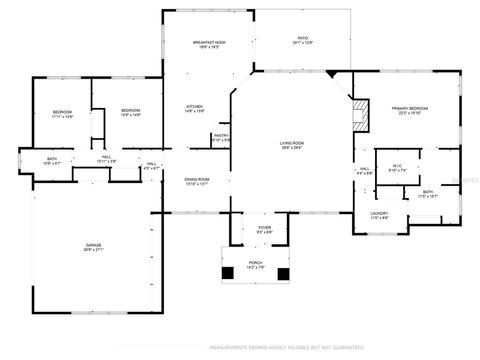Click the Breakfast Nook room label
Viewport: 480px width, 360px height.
(x=207, y=44)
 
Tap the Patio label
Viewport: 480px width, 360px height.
(x=303, y=41)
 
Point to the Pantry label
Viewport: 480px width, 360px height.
(x=221, y=137)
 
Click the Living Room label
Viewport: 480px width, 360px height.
(x=292, y=146)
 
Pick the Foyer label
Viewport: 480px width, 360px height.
(x=264, y=229)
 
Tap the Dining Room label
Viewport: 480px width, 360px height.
(x=196, y=181)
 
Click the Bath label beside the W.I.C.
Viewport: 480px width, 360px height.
(x=427, y=193)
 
